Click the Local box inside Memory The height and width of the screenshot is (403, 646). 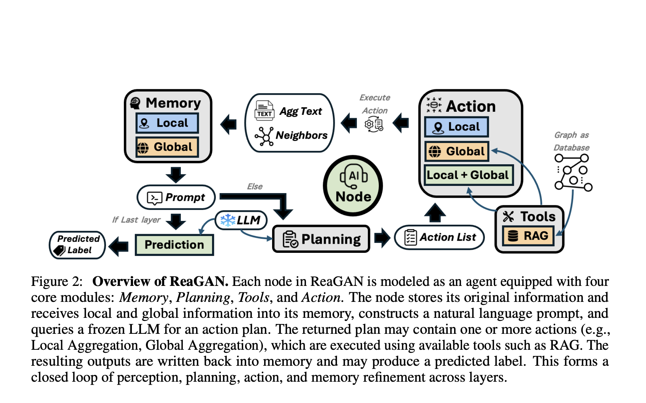tap(167, 123)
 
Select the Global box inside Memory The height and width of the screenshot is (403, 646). tap(167, 147)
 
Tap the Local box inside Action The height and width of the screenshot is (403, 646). tap(456, 127)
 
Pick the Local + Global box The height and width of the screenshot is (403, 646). tap(468, 175)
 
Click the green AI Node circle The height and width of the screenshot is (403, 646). tap(353, 186)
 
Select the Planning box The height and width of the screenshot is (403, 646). tap(321, 239)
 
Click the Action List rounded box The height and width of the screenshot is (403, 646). tap(439, 237)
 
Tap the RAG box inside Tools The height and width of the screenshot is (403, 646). tap(529, 236)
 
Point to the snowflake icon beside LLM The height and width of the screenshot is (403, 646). tap(228, 220)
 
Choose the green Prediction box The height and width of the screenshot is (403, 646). tap(174, 244)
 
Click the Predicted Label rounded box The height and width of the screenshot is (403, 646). tap(78, 244)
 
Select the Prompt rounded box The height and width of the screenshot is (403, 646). tap(176, 197)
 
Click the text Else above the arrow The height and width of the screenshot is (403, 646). tap(255, 186)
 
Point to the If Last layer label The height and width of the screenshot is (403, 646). tap(136, 220)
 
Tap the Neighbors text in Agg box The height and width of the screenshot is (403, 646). tap(301, 135)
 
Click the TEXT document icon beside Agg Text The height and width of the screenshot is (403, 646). tap(264, 110)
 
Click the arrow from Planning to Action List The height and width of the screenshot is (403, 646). tap(382, 237)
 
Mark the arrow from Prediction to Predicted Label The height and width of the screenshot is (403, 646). tap(119, 246)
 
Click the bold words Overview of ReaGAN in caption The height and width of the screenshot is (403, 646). tap(160, 281)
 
